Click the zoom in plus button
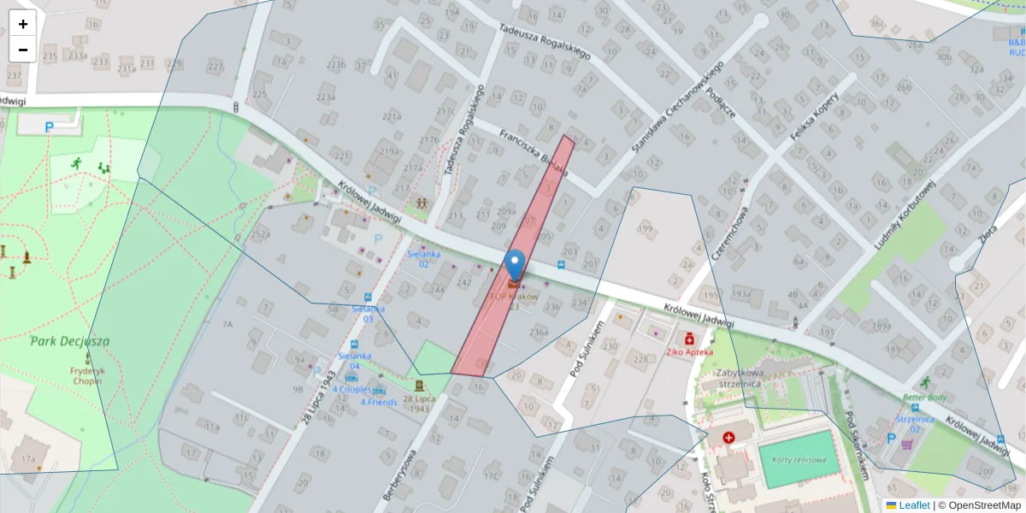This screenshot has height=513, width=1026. click(23, 24)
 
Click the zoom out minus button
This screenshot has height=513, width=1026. click(23, 50)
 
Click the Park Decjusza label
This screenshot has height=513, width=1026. click(70, 341)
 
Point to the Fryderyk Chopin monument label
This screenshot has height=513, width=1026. click(88, 377)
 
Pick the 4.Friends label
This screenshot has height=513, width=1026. click(378, 402)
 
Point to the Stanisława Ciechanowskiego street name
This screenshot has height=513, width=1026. click(677, 107)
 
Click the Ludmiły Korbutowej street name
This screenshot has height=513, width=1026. click(905, 215)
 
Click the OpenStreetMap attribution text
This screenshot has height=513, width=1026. click(984, 505)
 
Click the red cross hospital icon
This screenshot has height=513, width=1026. click(728, 438)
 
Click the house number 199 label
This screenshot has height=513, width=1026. click(645, 228)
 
